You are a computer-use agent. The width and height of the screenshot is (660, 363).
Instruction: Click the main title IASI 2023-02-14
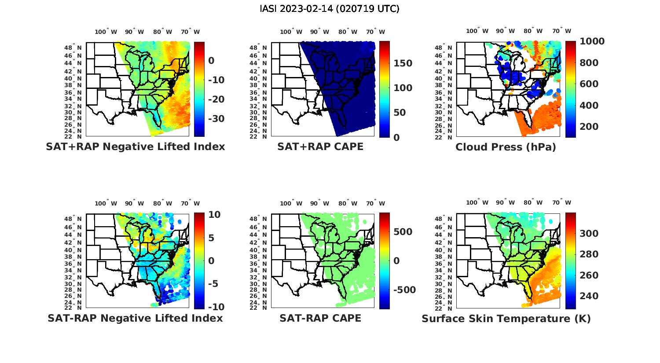(x=330, y=9)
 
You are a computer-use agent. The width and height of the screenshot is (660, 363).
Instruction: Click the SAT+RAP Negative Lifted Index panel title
(x=135, y=147)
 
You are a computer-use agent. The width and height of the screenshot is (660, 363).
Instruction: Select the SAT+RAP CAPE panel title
(x=320, y=147)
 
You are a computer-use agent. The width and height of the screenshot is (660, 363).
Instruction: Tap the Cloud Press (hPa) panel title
(x=506, y=147)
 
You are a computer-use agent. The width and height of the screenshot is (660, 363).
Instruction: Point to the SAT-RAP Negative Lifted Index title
(x=135, y=318)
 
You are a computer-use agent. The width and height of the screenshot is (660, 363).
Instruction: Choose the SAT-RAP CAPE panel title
(x=320, y=318)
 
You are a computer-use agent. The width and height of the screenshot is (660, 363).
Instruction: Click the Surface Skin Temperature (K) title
(x=506, y=319)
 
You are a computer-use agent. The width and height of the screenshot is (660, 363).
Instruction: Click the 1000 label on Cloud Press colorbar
(x=592, y=41)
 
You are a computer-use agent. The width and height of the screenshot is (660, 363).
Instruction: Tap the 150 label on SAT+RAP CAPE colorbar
(x=403, y=63)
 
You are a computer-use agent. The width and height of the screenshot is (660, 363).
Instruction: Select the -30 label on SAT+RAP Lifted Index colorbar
(x=216, y=119)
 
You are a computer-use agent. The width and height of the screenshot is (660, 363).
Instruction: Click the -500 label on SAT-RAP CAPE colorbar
(x=403, y=290)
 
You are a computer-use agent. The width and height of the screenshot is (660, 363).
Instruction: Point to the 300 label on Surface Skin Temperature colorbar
(x=589, y=234)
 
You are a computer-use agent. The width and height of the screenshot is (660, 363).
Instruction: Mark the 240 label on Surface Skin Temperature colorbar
(x=589, y=296)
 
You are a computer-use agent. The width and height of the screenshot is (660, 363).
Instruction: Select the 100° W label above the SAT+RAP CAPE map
(x=291, y=32)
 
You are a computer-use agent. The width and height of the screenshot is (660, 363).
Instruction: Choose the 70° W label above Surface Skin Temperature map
(x=561, y=203)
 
